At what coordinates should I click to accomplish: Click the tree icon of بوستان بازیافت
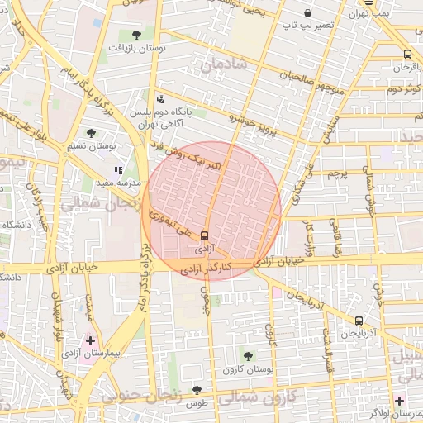click(136, 35)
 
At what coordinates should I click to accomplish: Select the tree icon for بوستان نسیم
click(92, 132)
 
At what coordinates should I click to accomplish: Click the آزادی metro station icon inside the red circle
click(205, 235)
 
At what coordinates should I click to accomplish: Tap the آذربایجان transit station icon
click(359, 321)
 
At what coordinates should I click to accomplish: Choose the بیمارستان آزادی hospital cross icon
click(91, 340)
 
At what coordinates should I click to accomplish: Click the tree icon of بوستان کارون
click(249, 355)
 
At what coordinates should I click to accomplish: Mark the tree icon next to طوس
click(197, 390)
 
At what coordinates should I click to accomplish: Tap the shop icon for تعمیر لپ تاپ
click(307, 12)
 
